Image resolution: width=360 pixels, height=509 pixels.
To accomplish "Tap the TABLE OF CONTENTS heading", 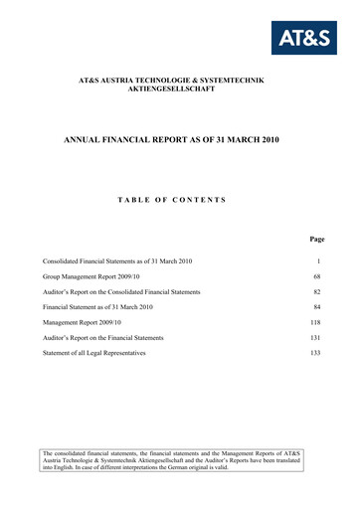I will click(179, 201).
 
